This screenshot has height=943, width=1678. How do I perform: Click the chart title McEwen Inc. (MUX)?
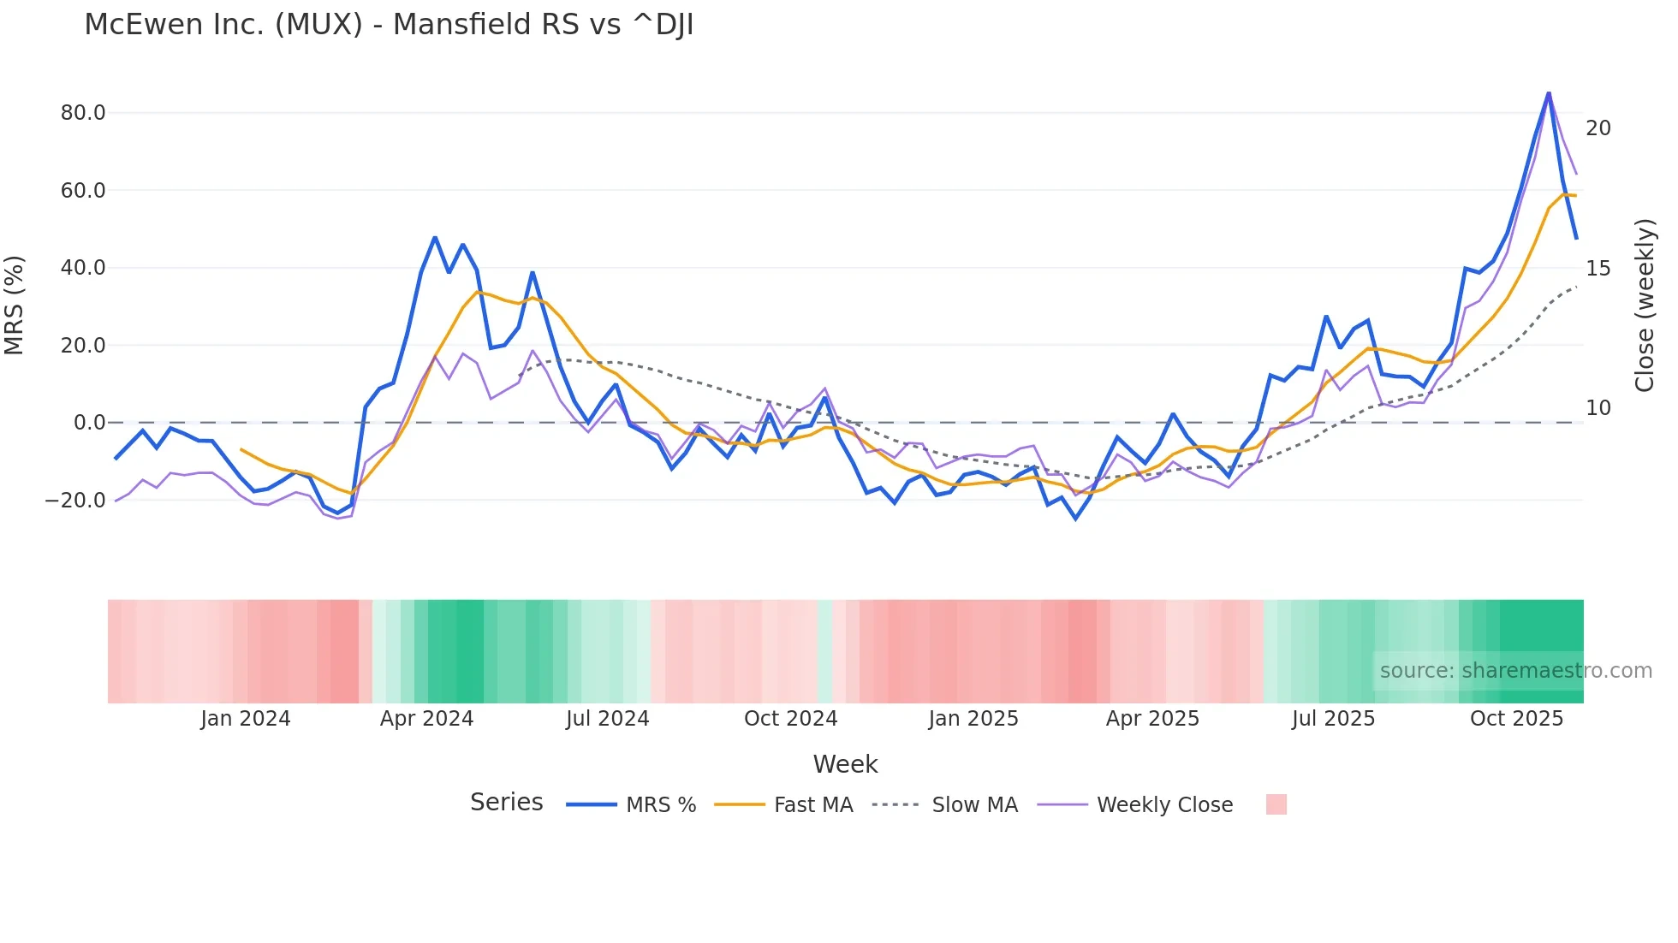point(389,25)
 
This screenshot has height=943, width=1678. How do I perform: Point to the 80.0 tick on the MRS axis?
point(83,113)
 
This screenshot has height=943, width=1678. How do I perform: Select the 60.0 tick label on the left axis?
point(83,191)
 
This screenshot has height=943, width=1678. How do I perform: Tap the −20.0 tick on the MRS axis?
point(76,501)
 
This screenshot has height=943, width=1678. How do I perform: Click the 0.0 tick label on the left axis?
point(90,423)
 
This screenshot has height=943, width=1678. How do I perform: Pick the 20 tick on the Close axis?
point(1598,128)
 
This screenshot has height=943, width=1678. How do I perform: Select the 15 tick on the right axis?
point(1598,269)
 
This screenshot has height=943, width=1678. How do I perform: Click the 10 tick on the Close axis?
point(1598,408)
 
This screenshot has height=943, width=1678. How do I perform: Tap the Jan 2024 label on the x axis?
point(246,719)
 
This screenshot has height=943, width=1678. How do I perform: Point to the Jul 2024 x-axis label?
point(608,719)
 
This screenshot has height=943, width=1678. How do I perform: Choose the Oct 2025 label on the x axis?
point(1516,719)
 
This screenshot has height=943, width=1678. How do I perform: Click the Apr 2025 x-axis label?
point(1152,719)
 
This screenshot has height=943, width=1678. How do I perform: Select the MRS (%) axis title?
point(15,305)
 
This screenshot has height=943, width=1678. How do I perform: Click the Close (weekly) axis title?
point(1645,305)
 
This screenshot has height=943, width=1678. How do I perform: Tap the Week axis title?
point(845,764)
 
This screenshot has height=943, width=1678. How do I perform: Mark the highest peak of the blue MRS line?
point(1549,92)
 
